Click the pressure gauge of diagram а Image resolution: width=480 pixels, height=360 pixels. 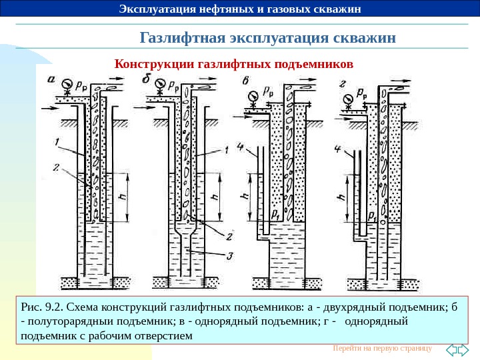pos(66,85)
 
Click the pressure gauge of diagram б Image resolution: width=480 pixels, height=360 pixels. pos(160,85)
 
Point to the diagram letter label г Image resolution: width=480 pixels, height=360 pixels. pos(342,83)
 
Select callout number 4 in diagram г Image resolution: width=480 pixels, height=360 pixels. pos(339,148)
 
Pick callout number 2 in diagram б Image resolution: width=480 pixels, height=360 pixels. pos(229,235)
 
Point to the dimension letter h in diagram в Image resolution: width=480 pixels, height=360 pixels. pos(244,197)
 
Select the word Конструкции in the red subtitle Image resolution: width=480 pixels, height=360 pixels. pos(152,65)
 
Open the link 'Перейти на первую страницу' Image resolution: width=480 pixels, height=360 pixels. pos(381,348)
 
